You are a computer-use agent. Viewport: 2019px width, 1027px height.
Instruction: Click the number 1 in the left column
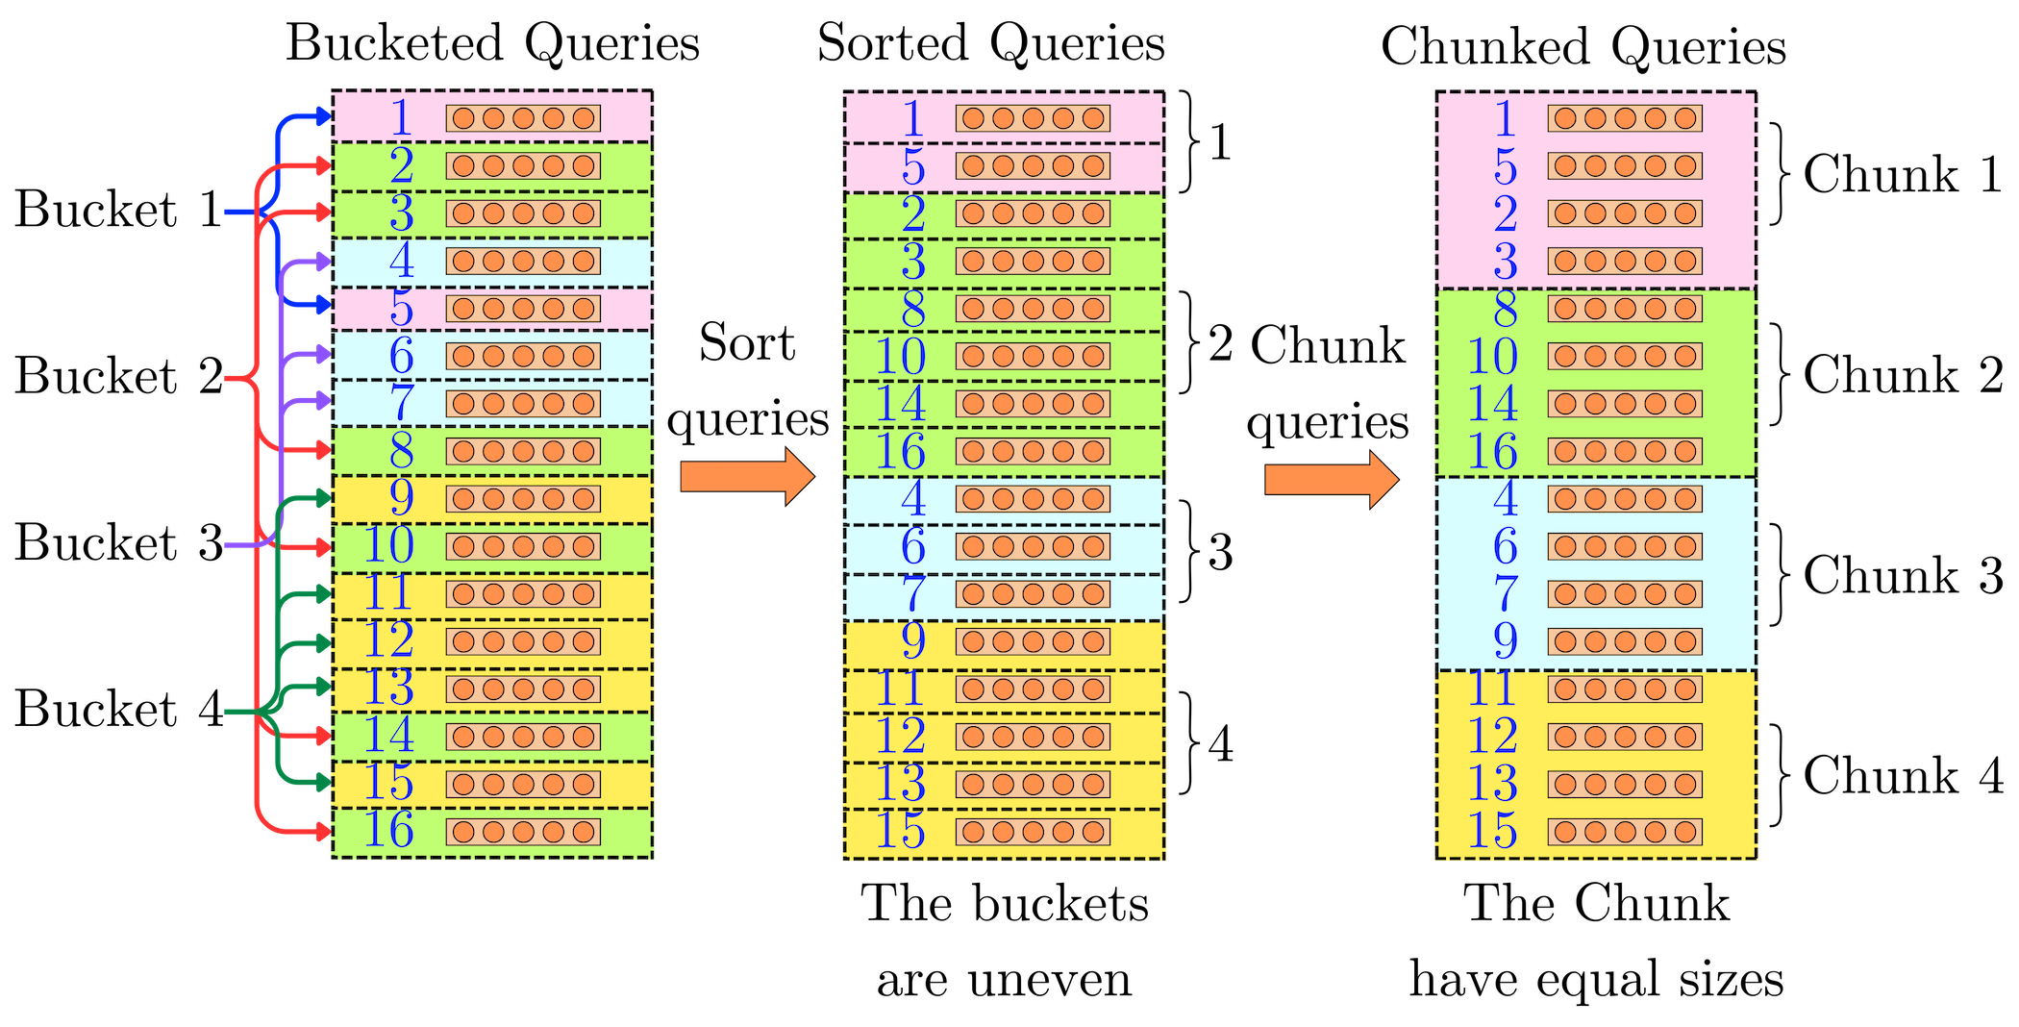click(x=402, y=118)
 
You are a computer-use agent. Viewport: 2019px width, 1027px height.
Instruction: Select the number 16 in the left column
click(x=388, y=830)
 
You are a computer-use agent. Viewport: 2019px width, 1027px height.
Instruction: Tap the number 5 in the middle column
click(x=912, y=166)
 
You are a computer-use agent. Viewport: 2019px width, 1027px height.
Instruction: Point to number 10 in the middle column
click(x=900, y=357)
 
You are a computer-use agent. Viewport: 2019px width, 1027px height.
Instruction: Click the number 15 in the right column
click(x=1492, y=831)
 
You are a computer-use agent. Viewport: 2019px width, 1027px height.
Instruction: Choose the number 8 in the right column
click(x=1505, y=309)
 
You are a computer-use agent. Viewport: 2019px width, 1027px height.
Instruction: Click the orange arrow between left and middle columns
click(x=748, y=476)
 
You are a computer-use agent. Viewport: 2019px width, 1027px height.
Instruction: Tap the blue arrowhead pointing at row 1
click(x=322, y=116)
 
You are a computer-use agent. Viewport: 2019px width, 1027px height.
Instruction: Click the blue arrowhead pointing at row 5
click(x=322, y=306)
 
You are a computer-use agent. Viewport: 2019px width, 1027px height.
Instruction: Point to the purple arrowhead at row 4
click(x=322, y=261)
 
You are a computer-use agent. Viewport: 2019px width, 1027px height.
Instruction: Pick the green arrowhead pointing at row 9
click(x=322, y=498)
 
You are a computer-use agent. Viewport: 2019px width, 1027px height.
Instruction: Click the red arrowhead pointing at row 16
click(x=322, y=830)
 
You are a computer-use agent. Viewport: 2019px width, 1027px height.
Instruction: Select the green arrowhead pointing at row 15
click(x=322, y=782)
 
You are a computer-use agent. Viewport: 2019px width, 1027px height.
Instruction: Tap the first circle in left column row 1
click(x=463, y=118)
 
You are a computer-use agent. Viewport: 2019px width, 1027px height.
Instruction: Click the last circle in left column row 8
click(x=583, y=451)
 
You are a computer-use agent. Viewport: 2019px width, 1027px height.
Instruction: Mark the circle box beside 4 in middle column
click(x=1033, y=499)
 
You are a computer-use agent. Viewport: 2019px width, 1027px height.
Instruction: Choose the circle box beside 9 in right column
click(x=1625, y=641)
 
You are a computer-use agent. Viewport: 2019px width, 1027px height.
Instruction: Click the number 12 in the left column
click(x=388, y=640)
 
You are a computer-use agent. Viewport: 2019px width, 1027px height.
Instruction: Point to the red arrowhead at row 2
click(x=322, y=165)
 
